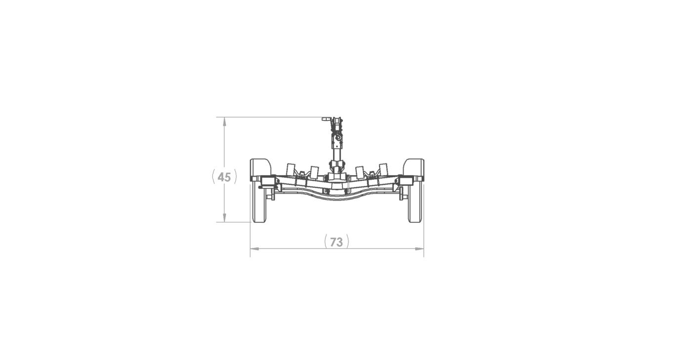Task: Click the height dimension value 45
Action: pos(224,177)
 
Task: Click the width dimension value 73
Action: pos(337,242)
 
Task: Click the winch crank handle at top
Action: pos(326,119)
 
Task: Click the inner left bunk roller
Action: pos(314,171)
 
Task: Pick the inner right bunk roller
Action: pos(360,171)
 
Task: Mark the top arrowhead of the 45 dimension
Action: pos(225,120)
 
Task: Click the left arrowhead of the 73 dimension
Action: pos(253,249)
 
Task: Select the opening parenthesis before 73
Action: pos(326,242)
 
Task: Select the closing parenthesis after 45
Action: pos(235,177)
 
